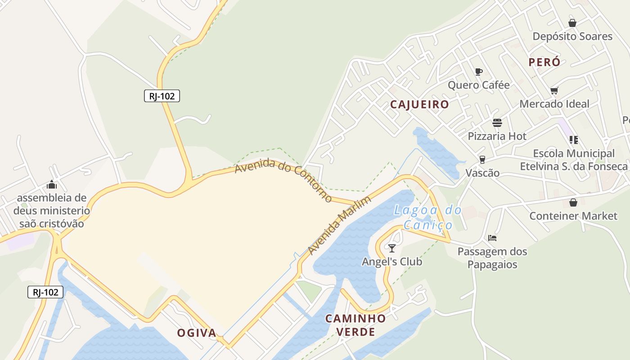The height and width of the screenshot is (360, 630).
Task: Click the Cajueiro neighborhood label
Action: pos(419,104)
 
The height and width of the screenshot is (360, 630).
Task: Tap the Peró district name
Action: pos(544,62)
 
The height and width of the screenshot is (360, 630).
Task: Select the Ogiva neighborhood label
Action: pos(197,333)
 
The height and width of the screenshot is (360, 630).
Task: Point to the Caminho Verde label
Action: pos(356,325)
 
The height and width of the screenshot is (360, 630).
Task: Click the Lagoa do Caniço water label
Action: pos(427,217)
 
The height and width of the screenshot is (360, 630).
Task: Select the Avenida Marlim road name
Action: pos(340,225)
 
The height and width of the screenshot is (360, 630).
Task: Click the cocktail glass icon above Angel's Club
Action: pos(392,248)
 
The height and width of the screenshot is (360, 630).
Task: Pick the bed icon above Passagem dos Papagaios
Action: pos(492,238)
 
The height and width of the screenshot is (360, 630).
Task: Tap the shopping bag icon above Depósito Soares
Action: pos(572,23)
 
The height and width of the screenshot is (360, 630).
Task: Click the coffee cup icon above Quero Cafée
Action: pos(478,72)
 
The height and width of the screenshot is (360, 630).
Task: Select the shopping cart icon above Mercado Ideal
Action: pos(554,90)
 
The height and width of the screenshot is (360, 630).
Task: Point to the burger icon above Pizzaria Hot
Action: pos(497,123)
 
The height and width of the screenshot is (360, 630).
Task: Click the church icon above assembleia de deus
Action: pos(52,184)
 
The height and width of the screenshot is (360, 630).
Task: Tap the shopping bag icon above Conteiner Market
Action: pos(573,202)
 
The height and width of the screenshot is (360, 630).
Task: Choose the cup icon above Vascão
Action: pos(482,160)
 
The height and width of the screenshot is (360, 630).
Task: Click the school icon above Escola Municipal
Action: pos(573,140)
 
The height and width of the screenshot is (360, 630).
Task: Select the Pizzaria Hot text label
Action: pos(497,136)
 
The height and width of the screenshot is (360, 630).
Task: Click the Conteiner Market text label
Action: pos(573,216)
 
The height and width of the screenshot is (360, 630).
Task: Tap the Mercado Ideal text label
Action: pos(554,104)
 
